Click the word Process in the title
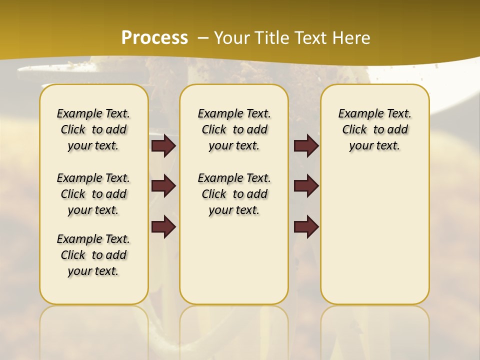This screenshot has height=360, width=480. point(154,37)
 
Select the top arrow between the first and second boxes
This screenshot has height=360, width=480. point(163,146)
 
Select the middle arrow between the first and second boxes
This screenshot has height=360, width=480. point(163,186)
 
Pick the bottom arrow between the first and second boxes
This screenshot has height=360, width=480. point(163,227)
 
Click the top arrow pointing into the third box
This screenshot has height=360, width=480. point(306,146)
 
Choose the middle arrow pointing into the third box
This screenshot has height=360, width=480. point(306,186)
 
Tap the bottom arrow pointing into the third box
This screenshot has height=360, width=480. point(306,227)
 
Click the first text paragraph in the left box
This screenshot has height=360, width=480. point(93,129)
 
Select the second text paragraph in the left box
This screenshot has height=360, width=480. point(93,194)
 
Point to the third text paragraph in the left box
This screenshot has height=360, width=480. point(93,255)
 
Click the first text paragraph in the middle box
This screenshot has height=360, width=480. point(234,129)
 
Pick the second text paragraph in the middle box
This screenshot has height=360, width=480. point(234,194)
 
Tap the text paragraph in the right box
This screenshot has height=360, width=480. point(374,129)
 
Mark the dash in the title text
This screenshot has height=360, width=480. point(203,38)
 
